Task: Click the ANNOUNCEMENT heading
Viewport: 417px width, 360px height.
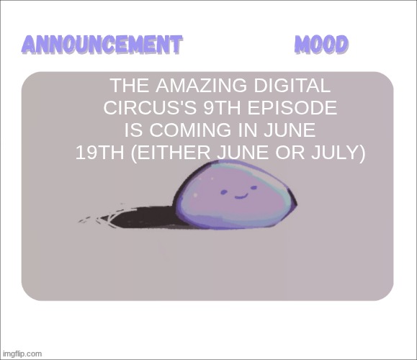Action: click(101, 45)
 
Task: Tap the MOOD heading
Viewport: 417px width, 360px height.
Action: click(321, 45)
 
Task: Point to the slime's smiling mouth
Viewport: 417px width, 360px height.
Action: click(241, 195)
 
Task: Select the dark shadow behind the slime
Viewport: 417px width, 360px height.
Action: click(144, 216)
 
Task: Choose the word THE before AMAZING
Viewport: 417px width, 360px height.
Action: click(128, 87)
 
